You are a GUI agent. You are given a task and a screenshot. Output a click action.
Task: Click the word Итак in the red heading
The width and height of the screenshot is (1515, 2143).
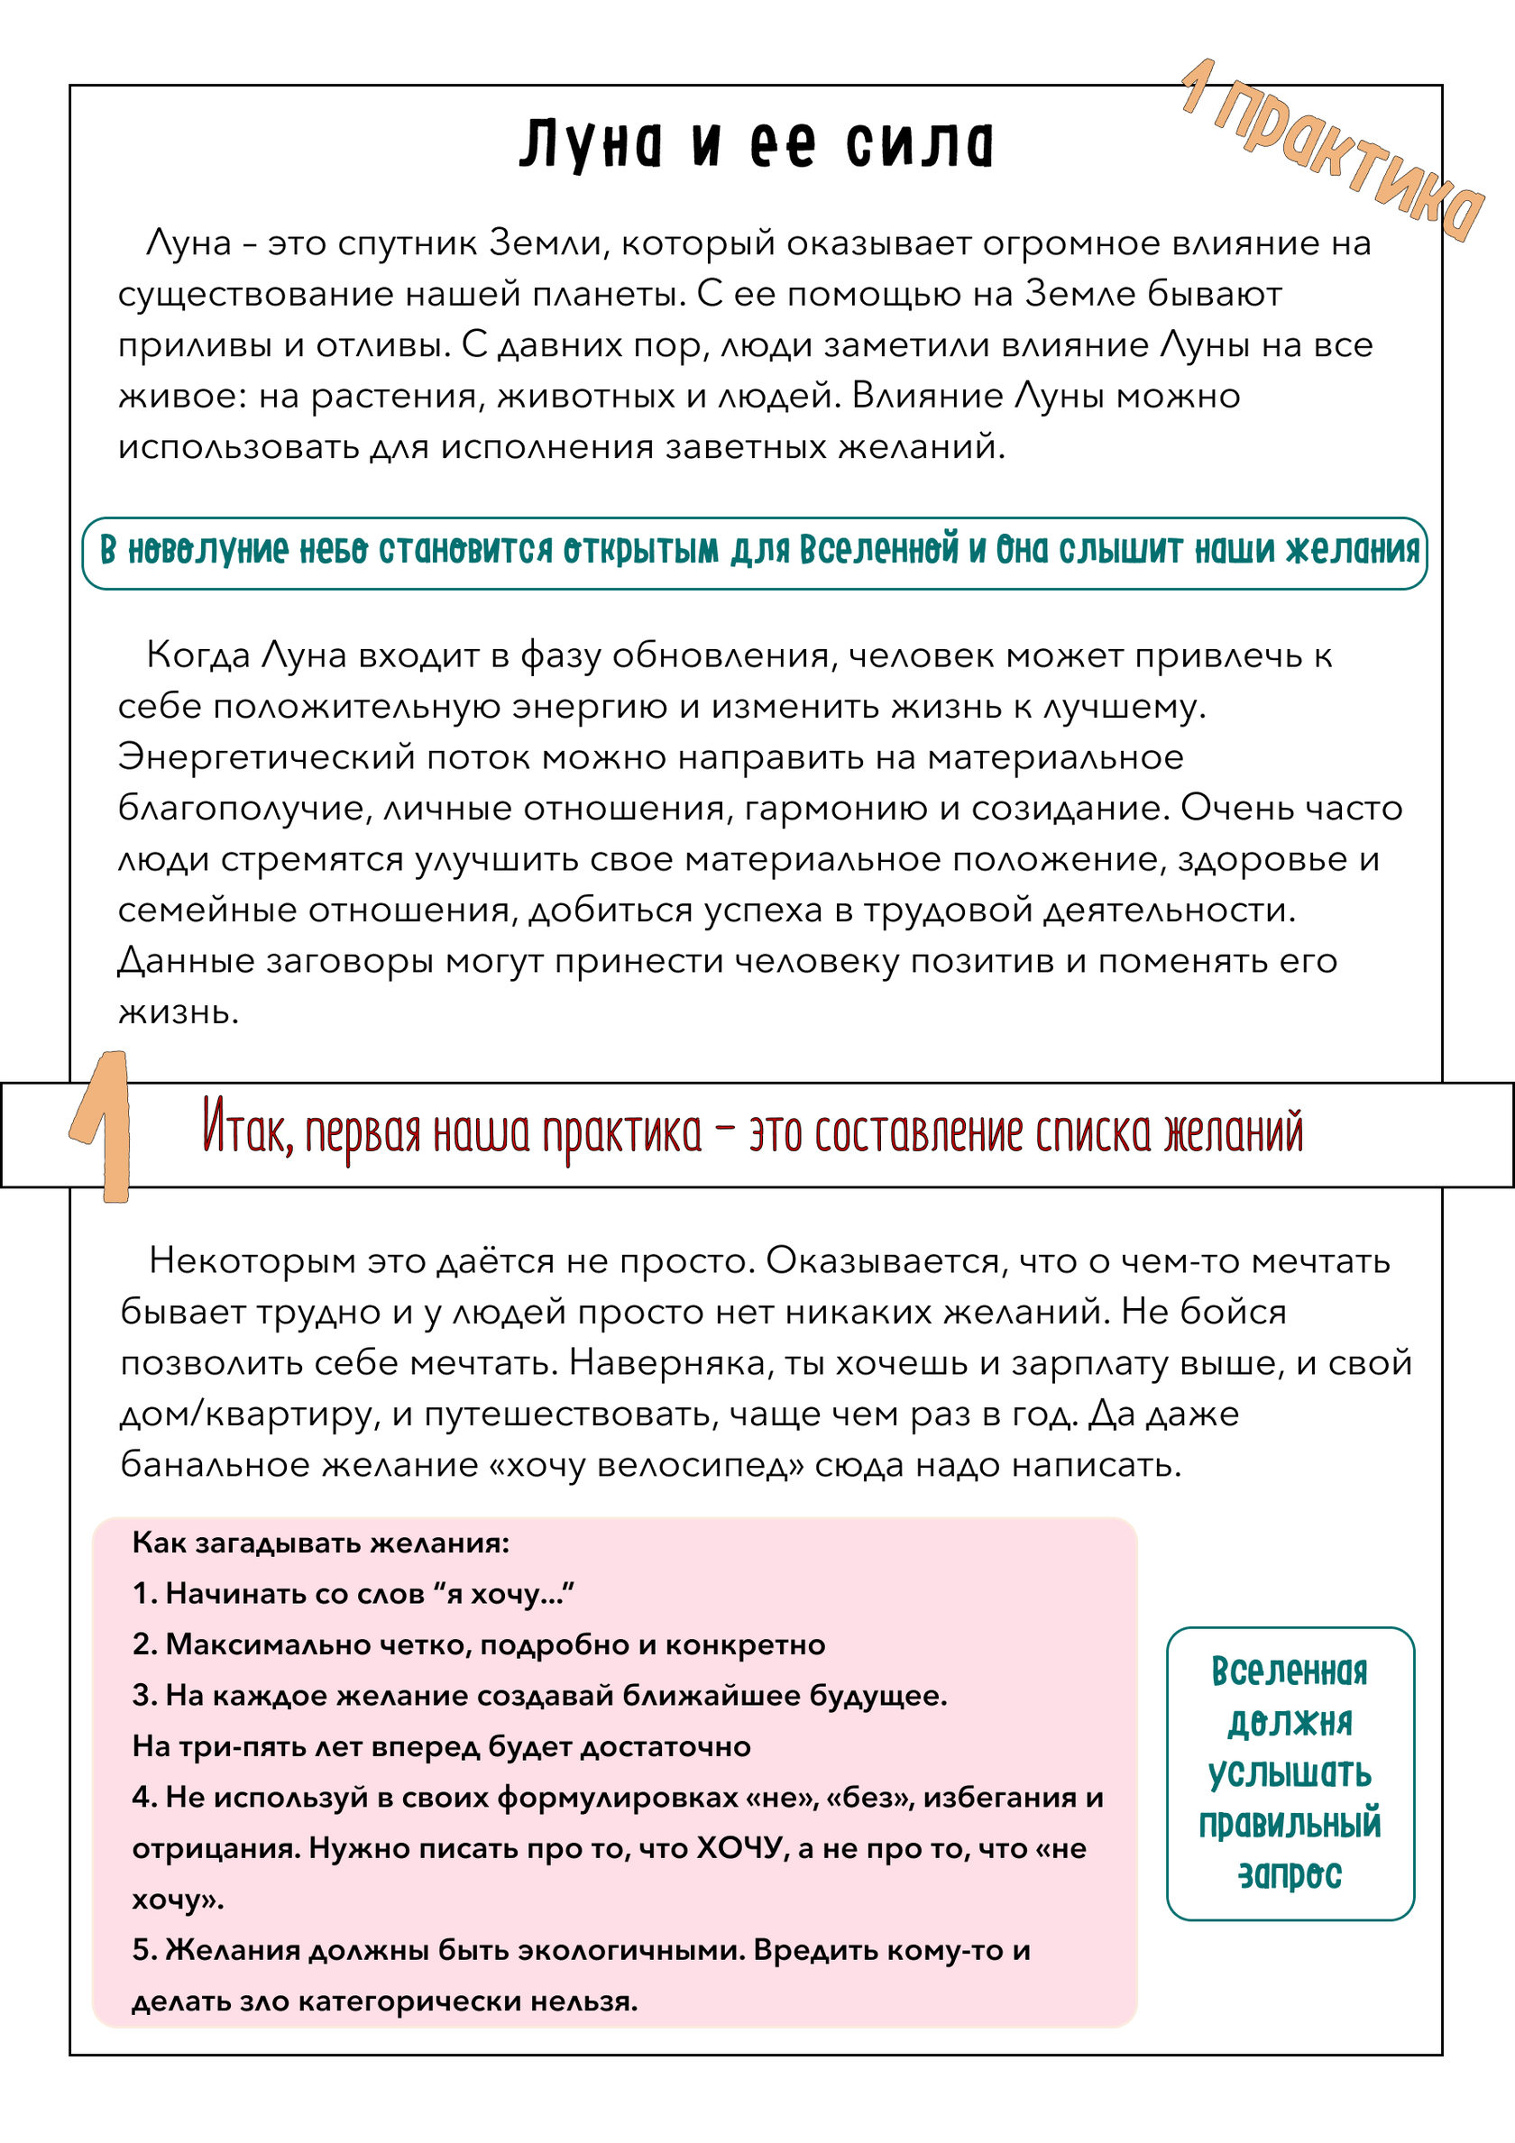248,1131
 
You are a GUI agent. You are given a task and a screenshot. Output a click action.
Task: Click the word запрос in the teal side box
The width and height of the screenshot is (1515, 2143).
1290,1874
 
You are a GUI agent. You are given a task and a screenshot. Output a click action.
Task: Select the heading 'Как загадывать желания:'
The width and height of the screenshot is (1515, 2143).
321,1543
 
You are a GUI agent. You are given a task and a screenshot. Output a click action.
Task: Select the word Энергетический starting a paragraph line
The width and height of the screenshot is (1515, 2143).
266,757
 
